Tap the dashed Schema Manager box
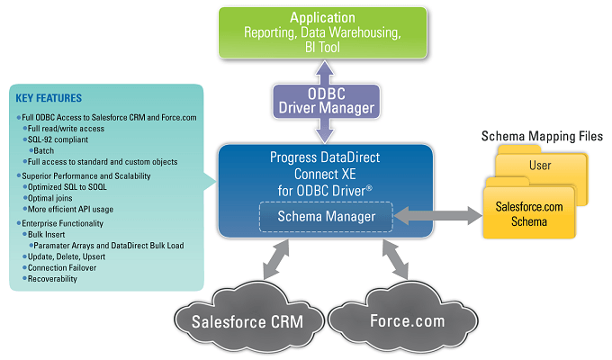pyautogui.click(x=325, y=216)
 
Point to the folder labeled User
pyautogui.click(x=540, y=166)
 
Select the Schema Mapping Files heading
pyautogui.click(x=542, y=137)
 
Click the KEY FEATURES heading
pyautogui.click(x=49, y=98)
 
